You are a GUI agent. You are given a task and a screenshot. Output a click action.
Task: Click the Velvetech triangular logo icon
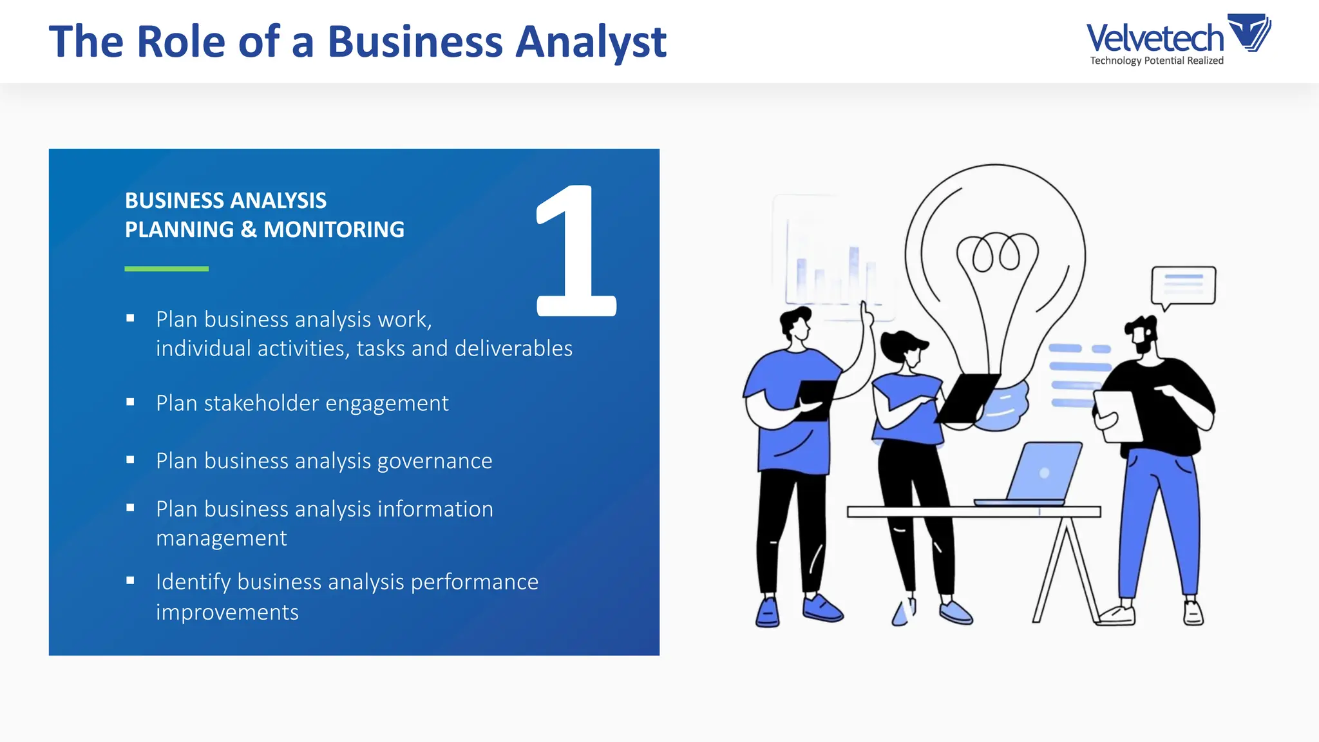(1249, 32)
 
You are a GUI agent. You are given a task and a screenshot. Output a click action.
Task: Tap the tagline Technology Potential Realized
(1157, 61)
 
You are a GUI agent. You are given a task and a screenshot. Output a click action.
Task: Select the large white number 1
(575, 251)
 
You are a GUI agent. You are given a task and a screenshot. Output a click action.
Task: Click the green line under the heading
(166, 269)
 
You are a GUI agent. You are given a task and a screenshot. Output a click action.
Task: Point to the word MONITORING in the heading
(334, 230)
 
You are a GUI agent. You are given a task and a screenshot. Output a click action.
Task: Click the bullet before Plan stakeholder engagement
(131, 402)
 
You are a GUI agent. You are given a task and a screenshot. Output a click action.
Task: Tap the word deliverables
(513, 348)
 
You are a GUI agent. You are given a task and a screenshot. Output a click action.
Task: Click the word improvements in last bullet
(227, 612)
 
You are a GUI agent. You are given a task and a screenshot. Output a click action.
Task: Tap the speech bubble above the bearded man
(1183, 285)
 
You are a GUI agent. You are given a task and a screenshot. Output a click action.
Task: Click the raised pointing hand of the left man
(866, 312)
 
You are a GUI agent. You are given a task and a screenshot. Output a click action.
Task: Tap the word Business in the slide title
(415, 43)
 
